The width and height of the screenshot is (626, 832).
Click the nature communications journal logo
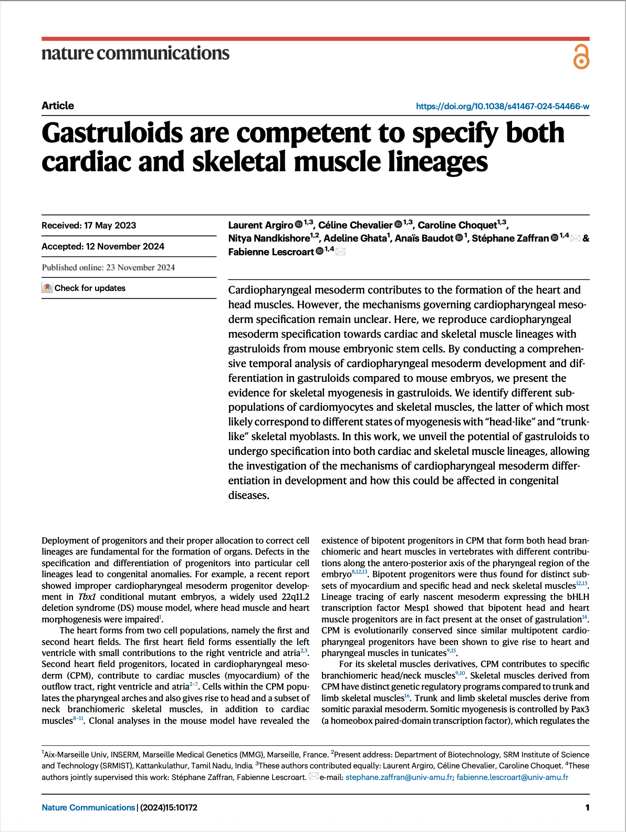(x=135, y=53)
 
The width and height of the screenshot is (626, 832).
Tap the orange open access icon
(x=581, y=57)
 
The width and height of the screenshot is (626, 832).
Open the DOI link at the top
(x=502, y=106)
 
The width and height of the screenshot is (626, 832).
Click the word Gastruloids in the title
(x=112, y=133)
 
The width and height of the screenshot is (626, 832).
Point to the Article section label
(x=58, y=106)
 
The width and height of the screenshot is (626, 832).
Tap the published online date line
(x=108, y=267)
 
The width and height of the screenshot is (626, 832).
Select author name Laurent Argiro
(x=260, y=225)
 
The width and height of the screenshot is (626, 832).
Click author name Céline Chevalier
(x=356, y=225)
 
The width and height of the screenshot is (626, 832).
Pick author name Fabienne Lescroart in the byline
(x=271, y=252)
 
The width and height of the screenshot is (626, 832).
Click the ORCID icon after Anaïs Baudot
(x=459, y=238)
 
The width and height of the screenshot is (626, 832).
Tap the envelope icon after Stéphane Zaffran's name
(x=575, y=238)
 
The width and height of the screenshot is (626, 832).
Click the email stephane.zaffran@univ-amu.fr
(x=399, y=777)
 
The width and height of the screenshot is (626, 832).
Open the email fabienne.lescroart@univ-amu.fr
(x=512, y=777)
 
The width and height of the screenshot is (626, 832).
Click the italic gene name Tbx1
(x=87, y=597)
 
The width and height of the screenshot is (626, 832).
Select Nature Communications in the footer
(x=88, y=807)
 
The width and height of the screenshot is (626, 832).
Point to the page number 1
(x=587, y=807)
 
